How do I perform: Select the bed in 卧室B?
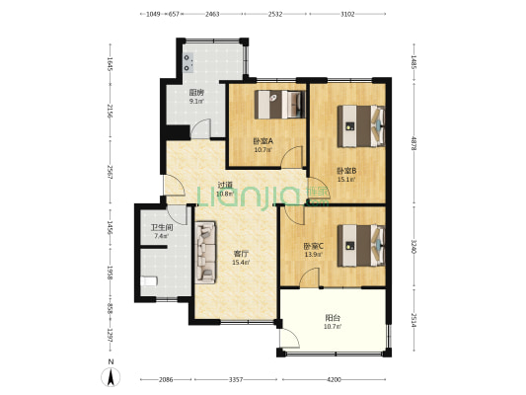tap(359, 122)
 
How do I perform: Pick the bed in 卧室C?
tap(358, 241)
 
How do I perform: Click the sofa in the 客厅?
tap(206, 251)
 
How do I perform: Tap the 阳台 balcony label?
tap(335, 319)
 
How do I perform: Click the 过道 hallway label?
tap(225, 185)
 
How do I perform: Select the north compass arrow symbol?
tap(112, 375)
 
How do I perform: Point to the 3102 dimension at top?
tap(346, 15)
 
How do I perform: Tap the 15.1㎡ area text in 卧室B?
tap(345, 180)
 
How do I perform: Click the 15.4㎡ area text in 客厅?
tap(241, 263)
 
